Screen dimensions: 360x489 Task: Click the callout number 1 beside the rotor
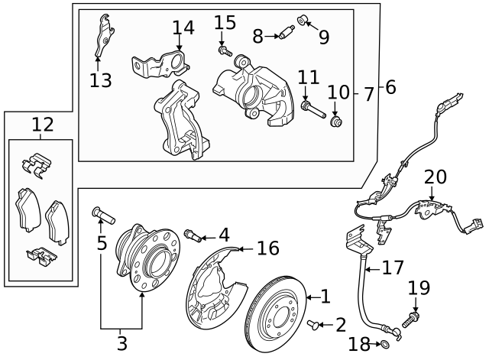324,295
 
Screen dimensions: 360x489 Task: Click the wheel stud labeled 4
193,235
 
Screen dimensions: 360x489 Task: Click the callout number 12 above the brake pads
42,123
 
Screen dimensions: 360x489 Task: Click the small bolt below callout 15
223,50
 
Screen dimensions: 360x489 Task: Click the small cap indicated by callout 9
303,18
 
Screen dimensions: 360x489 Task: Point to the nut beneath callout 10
335,120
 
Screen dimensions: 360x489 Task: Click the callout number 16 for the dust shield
267,248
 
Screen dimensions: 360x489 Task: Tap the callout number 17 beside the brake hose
392,268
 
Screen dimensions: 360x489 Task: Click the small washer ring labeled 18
384,345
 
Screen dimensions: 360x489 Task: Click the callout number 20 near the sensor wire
435,177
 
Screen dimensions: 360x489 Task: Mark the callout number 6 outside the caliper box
390,88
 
